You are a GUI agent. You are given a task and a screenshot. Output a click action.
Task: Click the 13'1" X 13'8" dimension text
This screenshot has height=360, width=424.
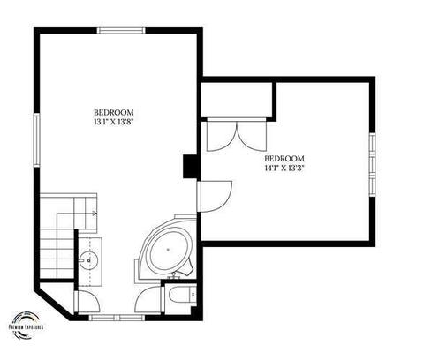click(x=114, y=122)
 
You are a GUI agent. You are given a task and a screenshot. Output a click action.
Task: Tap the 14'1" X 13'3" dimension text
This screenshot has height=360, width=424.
click(x=284, y=169)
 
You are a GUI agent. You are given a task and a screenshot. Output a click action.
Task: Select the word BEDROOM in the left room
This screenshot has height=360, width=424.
click(x=114, y=112)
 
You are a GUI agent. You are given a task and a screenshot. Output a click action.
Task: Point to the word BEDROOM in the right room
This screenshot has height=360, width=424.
click(x=284, y=159)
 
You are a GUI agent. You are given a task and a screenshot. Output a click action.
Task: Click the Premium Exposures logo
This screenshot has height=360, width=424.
click(x=26, y=326)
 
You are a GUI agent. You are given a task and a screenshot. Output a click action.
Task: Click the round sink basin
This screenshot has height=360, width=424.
click(x=88, y=260)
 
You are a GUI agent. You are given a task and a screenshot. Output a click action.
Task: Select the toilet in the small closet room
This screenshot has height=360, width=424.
click(x=180, y=294)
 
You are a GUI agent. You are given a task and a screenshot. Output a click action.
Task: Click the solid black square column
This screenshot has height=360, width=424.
click(x=191, y=167)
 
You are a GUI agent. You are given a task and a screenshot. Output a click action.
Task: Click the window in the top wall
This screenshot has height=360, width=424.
click(x=121, y=31)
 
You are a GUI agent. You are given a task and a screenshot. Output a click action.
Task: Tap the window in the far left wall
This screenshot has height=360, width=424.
click(x=36, y=140)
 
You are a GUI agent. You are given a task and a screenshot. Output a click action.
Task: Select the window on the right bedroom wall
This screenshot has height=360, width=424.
click(x=372, y=164)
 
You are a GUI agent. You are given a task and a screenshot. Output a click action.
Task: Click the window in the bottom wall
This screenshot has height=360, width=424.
click(x=117, y=318)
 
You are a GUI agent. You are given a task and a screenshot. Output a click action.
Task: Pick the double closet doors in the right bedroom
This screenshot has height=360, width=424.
click(x=237, y=136)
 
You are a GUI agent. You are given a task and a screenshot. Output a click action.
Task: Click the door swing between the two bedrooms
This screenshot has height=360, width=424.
click(x=216, y=197)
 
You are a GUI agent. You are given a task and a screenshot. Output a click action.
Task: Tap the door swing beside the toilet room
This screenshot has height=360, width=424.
click(x=148, y=299)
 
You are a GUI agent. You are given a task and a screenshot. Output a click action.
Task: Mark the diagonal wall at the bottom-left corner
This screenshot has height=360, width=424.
click(x=53, y=304)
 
